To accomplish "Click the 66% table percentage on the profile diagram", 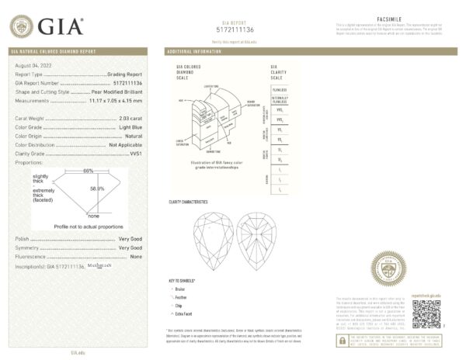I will (x=88, y=170).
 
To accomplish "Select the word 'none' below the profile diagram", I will (x=92, y=216).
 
